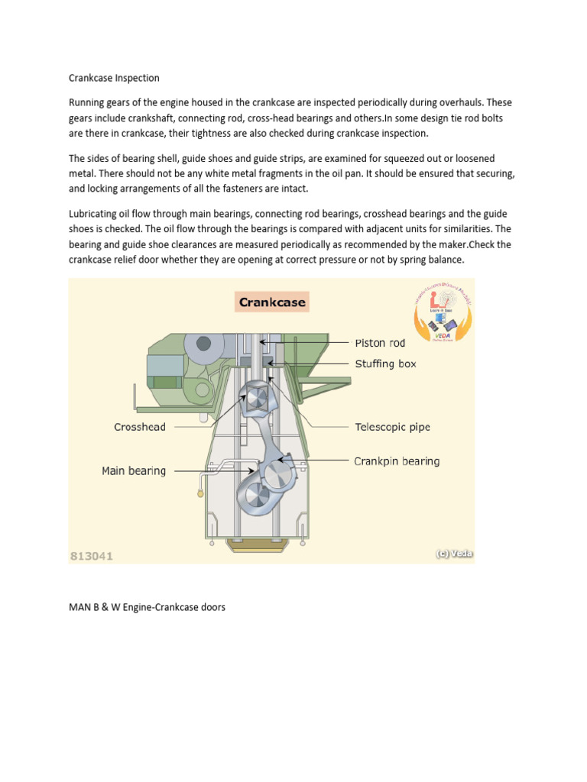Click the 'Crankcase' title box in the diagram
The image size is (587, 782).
[x=272, y=302]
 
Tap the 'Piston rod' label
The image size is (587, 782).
[x=380, y=343]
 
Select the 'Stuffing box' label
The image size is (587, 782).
[x=386, y=364]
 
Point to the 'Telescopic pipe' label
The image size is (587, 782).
[x=393, y=427]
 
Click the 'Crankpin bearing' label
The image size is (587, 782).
[x=397, y=461]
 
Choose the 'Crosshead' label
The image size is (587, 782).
[x=140, y=427]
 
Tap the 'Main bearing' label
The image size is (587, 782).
[x=134, y=471]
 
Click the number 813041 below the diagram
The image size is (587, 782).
[x=92, y=556]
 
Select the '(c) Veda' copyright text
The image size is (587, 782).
[x=454, y=554]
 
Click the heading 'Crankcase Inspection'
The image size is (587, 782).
[x=114, y=78]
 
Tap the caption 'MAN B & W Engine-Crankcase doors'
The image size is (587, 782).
[x=147, y=608]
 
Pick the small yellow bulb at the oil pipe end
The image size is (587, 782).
[x=200, y=494]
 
